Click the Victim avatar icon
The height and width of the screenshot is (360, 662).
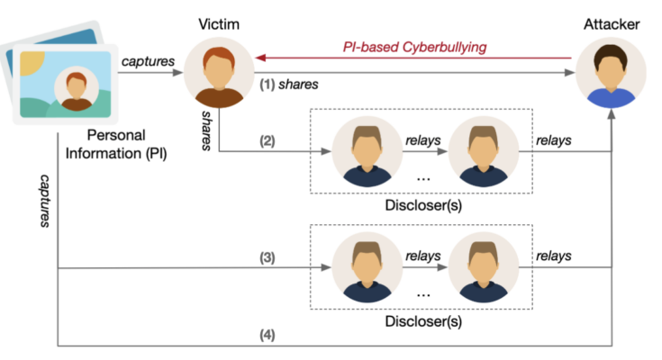tap(219, 74)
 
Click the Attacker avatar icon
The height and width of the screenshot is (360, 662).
tap(612, 74)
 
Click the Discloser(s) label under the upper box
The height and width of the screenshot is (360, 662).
tap(423, 202)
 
